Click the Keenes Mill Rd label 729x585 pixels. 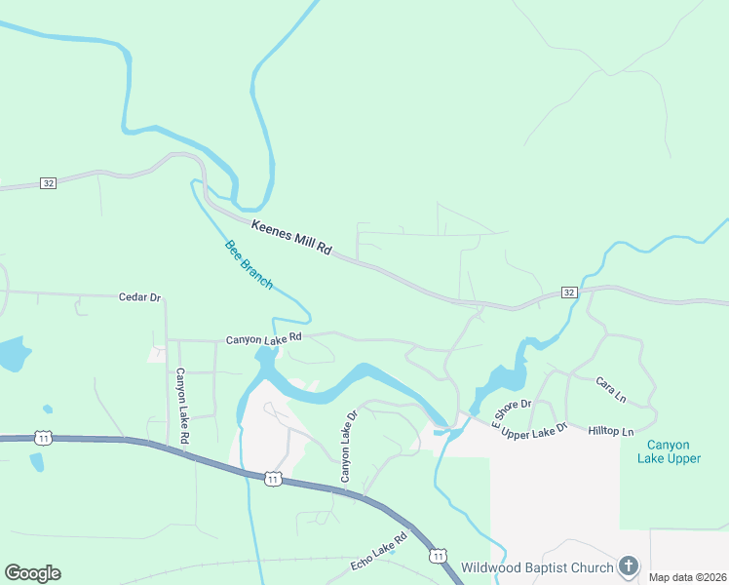(291, 239)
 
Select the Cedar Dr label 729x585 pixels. (139, 296)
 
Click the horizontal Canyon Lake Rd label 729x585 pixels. (264, 339)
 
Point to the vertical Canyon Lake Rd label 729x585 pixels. (181, 408)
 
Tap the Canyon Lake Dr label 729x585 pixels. (344, 446)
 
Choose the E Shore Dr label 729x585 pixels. (511, 414)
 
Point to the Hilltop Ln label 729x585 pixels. (611, 431)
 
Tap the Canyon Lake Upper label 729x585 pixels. (670, 451)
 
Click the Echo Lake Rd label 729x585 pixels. (378, 551)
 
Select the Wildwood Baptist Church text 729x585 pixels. (537, 567)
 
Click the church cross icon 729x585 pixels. (630, 566)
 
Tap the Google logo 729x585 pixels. (32, 573)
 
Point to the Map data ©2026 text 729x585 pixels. (688, 577)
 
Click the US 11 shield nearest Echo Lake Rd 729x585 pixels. (438, 556)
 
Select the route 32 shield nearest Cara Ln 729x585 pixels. (570, 292)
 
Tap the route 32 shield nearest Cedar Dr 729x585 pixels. (48, 182)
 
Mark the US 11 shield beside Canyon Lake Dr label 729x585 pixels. (274, 479)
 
